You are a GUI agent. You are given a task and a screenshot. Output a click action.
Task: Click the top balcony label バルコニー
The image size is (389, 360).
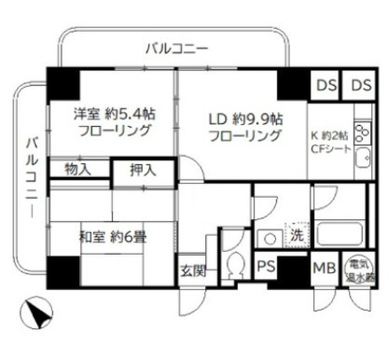[x=175, y=48]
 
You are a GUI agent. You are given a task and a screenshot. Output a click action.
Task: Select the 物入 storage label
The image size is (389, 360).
[x=78, y=170]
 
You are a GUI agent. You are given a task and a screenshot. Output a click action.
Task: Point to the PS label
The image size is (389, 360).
[x=266, y=269]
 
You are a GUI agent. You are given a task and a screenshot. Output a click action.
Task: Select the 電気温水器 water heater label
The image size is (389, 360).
[x=360, y=270]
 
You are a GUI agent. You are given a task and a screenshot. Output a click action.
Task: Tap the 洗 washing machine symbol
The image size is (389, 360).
[x=296, y=234]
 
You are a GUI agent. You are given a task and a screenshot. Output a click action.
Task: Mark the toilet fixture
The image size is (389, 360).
[x=232, y=262]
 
